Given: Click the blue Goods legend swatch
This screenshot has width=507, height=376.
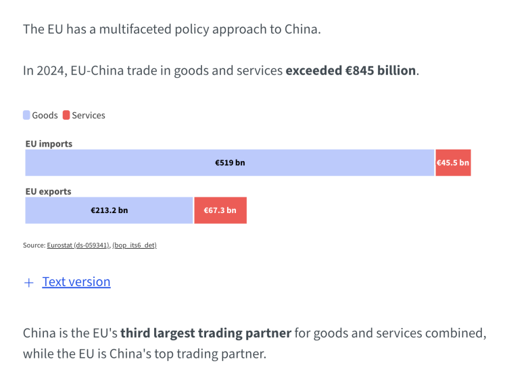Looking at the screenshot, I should pyautogui.click(x=26, y=115).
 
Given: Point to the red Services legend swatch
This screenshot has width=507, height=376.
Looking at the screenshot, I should pyautogui.click(x=66, y=115).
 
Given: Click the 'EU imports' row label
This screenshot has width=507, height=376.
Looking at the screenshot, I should pyautogui.click(x=49, y=144).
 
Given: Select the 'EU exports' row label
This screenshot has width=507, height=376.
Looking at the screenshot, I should pyautogui.click(x=48, y=191).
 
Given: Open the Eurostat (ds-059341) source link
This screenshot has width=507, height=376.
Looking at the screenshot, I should pyautogui.click(x=78, y=245).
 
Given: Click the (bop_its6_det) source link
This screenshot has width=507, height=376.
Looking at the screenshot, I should pyautogui.click(x=134, y=245).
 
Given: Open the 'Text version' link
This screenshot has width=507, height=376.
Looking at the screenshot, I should pyautogui.click(x=76, y=282).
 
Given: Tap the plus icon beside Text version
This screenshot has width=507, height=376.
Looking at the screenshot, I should pyautogui.click(x=28, y=283).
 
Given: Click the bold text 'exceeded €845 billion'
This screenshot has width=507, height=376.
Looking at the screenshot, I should pyautogui.click(x=351, y=70).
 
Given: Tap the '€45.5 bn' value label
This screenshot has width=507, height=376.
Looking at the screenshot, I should pyautogui.click(x=453, y=163).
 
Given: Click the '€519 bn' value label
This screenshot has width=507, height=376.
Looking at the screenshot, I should pyautogui.click(x=230, y=163).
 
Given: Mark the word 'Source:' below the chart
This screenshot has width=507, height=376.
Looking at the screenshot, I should pyautogui.click(x=34, y=245).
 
